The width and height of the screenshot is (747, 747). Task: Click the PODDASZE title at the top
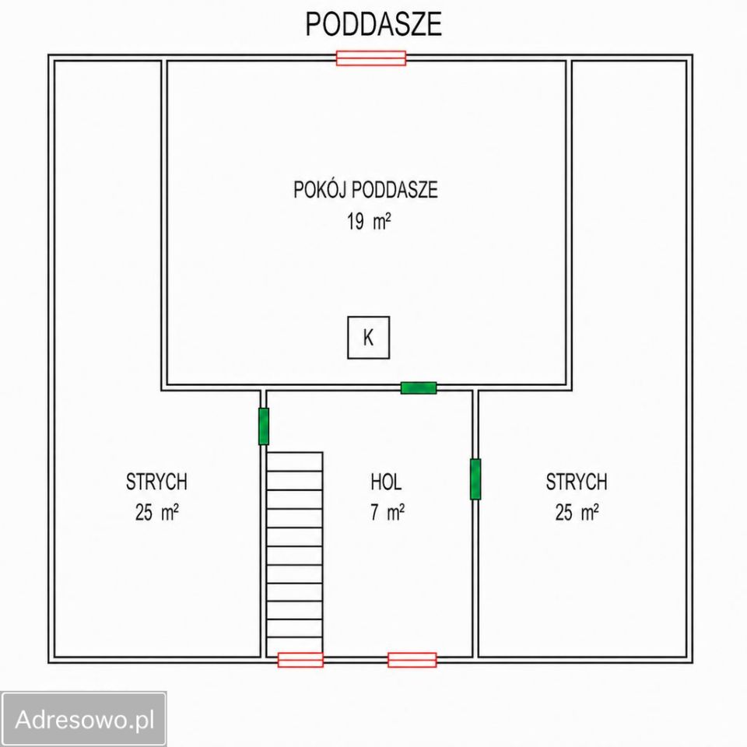pos(373,24)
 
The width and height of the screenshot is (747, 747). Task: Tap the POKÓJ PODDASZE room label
pos(366,190)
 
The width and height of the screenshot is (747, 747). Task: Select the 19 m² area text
pos(369,222)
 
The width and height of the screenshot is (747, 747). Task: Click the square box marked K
pos(368,337)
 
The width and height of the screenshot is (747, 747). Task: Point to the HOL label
pos(386,482)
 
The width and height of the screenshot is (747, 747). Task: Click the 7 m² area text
pos(388,513)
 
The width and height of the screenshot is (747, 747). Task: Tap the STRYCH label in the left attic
pos(156,482)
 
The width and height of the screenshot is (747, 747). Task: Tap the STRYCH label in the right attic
pos(577,482)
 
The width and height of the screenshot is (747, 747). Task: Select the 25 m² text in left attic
pos(156,513)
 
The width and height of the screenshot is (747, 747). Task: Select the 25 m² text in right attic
pos(577,513)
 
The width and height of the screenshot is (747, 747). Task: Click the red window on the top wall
pos(371,58)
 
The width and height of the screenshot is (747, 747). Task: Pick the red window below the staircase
pos(300,660)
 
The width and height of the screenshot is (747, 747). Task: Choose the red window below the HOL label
pos(412,660)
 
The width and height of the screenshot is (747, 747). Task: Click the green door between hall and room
pos(419,388)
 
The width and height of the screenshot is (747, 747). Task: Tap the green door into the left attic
pos(264,426)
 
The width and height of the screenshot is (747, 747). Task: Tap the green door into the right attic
pos(475,479)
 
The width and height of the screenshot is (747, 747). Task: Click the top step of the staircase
pos(294,461)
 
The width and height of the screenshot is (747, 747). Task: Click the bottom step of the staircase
pos(294,645)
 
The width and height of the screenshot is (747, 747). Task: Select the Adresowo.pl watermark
pos(84,719)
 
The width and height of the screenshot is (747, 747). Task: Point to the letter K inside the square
pos(368,337)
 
